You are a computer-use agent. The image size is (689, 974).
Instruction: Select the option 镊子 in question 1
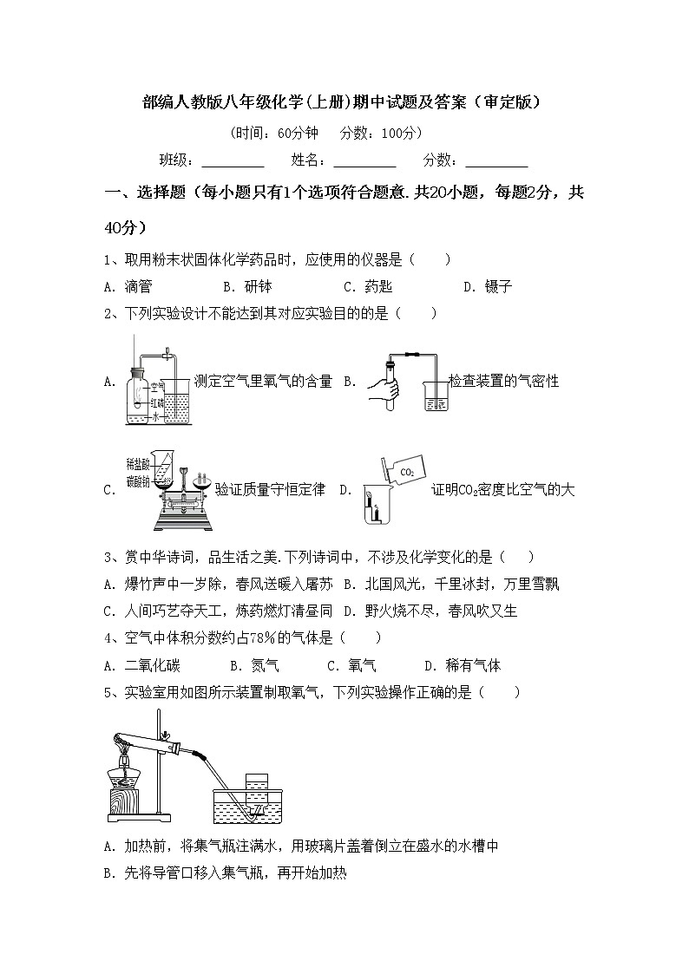(x=499, y=287)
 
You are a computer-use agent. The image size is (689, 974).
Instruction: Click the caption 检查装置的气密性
(x=503, y=382)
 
